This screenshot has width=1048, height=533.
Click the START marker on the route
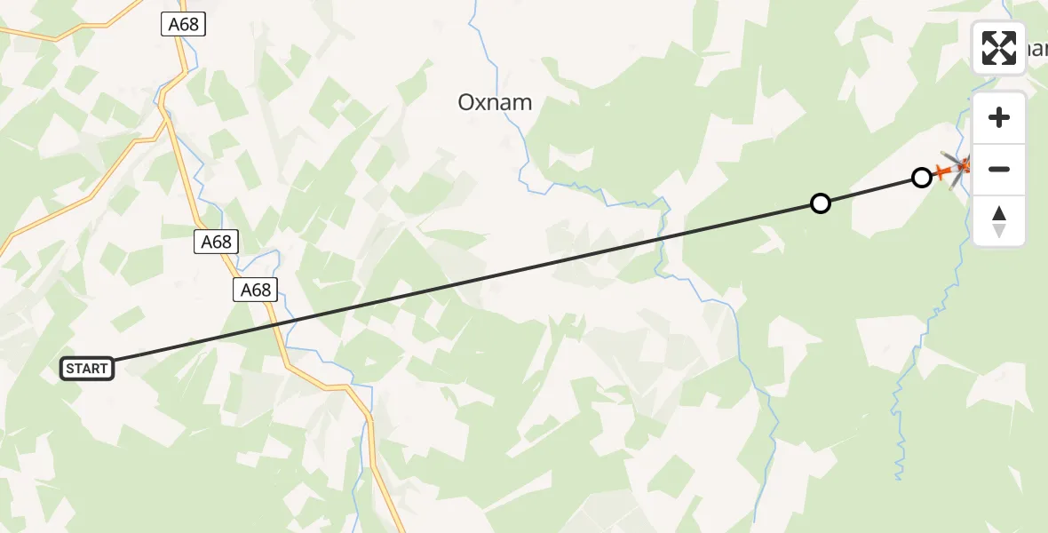pyautogui.click(x=87, y=368)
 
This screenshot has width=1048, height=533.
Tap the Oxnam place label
pyautogui.click(x=495, y=102)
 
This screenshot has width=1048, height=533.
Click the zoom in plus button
pyautogui.click(x=999, y=118)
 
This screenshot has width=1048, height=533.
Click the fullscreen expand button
pyautogui.click(x=999, y=48)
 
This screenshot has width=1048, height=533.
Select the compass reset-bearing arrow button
pyautogui.click(x=999, y=221)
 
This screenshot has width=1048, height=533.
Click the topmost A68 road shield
pyautogui.click(x=184, y=25)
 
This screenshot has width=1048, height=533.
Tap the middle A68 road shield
pyautogui.click(x=216, y=241)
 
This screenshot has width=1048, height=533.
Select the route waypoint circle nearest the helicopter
pyautogui.click(x=922, y=178)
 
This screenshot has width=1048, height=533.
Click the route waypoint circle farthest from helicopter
pyautogui.click(x=821, y=203)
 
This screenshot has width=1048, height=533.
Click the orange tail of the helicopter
pyautogui.click(x=940, y=171)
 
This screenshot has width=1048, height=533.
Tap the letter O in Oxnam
pyautogui.click(x=466, y=103)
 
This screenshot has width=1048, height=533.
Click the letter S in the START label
pyautogui.click(x=70, y=369)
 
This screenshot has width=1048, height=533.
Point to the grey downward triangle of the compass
pyautogui.click(x=999, y=231)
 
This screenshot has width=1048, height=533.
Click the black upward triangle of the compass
pyautogui.click(x=999, y=213)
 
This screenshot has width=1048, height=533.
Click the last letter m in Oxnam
pyautogui.click(x=522, y=103)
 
